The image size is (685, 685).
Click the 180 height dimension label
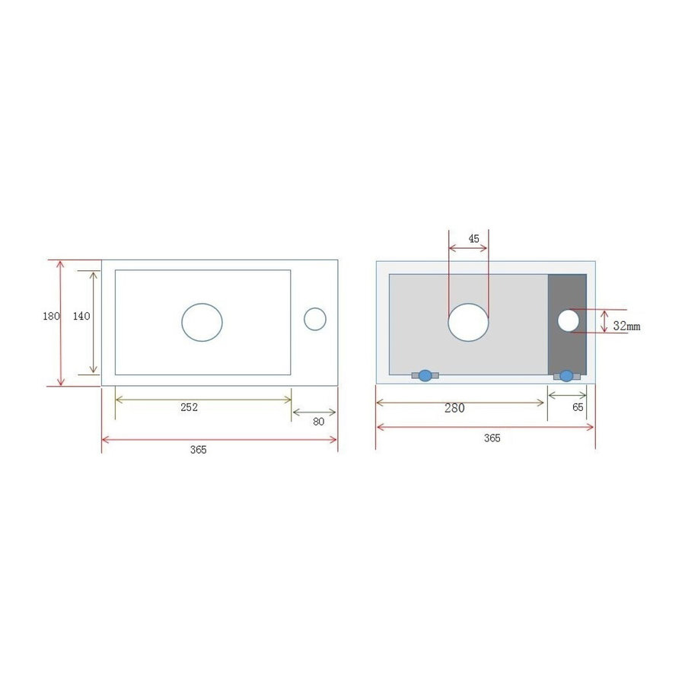pos(51,317)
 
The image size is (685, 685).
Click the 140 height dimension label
pos(81,317)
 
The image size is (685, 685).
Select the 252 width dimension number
pos(190,407)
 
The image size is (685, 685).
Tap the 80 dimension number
pos(318,422)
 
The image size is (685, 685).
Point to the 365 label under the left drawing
pos(198,450)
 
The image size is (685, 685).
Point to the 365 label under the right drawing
pos(492,438)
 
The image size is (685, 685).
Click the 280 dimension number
pos(454,408)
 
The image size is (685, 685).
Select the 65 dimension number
pos(578,407)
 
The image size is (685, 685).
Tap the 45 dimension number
pos(474,239)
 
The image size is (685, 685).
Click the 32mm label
pos(626,326)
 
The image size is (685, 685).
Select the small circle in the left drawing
pos(315,319)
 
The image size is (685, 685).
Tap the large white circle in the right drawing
pos(468,321)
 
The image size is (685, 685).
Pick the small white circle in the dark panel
pos(568,320)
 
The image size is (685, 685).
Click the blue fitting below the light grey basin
pos(425,375)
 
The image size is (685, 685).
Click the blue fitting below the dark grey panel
pos(566,375)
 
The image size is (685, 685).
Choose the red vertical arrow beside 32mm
pos(602,321)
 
